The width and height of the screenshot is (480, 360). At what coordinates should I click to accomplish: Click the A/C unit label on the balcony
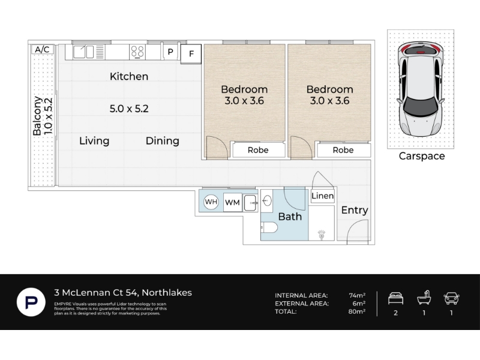tap(42, 49)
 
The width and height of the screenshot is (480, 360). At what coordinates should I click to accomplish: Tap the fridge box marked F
tap(191, 54)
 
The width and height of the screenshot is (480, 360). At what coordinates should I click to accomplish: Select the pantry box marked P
tap(170, 52)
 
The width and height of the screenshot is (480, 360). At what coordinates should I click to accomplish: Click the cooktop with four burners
tap(137, 52)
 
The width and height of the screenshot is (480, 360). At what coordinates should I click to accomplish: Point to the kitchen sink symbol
tap(83, 52)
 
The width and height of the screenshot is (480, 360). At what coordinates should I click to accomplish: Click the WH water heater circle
tap(211, 202)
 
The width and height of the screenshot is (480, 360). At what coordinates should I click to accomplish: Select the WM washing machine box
tap(232, 202)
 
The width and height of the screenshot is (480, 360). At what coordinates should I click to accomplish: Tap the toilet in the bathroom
tap(269, 227)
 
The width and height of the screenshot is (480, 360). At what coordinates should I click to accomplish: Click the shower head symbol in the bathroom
tap(321, 235)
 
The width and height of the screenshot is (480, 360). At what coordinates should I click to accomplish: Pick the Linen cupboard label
tap(322, 196)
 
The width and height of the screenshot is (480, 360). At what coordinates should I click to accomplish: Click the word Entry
tap(355, 211)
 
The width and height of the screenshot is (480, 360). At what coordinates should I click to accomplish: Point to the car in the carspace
tap(421, 89)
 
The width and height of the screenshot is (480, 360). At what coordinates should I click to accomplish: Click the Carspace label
tap(422, 156)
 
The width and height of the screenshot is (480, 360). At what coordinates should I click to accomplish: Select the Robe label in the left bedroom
tap(258, 150)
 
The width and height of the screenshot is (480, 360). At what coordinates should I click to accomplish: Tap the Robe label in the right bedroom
tap(343, 150)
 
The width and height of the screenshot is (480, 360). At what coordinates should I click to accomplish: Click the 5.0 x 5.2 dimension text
tap(129, 109)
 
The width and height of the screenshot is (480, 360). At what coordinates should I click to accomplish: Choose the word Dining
tap(162, 141)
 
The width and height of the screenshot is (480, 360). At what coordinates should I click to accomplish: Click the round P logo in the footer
tap(31, 302)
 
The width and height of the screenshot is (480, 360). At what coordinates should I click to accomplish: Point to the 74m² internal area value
tap(357, 295)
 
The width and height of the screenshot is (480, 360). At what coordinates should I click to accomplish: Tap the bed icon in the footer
tap(395, 298)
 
